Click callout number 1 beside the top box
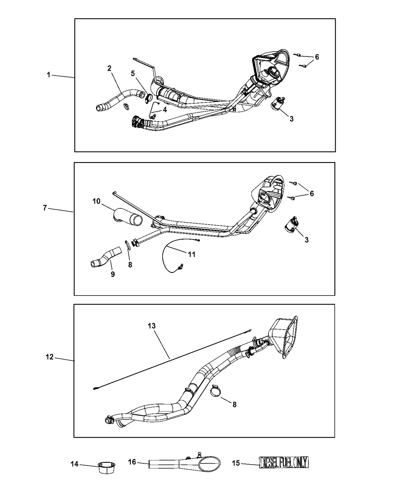49,75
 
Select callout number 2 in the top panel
109,68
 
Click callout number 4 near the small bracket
165,110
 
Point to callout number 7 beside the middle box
45,208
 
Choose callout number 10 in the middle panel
96,201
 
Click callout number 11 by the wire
192,254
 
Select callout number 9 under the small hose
113,275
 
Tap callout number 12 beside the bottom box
49,357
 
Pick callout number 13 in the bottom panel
152,326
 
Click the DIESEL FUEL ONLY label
284,462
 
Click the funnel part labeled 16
185,462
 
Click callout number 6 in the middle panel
312,194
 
